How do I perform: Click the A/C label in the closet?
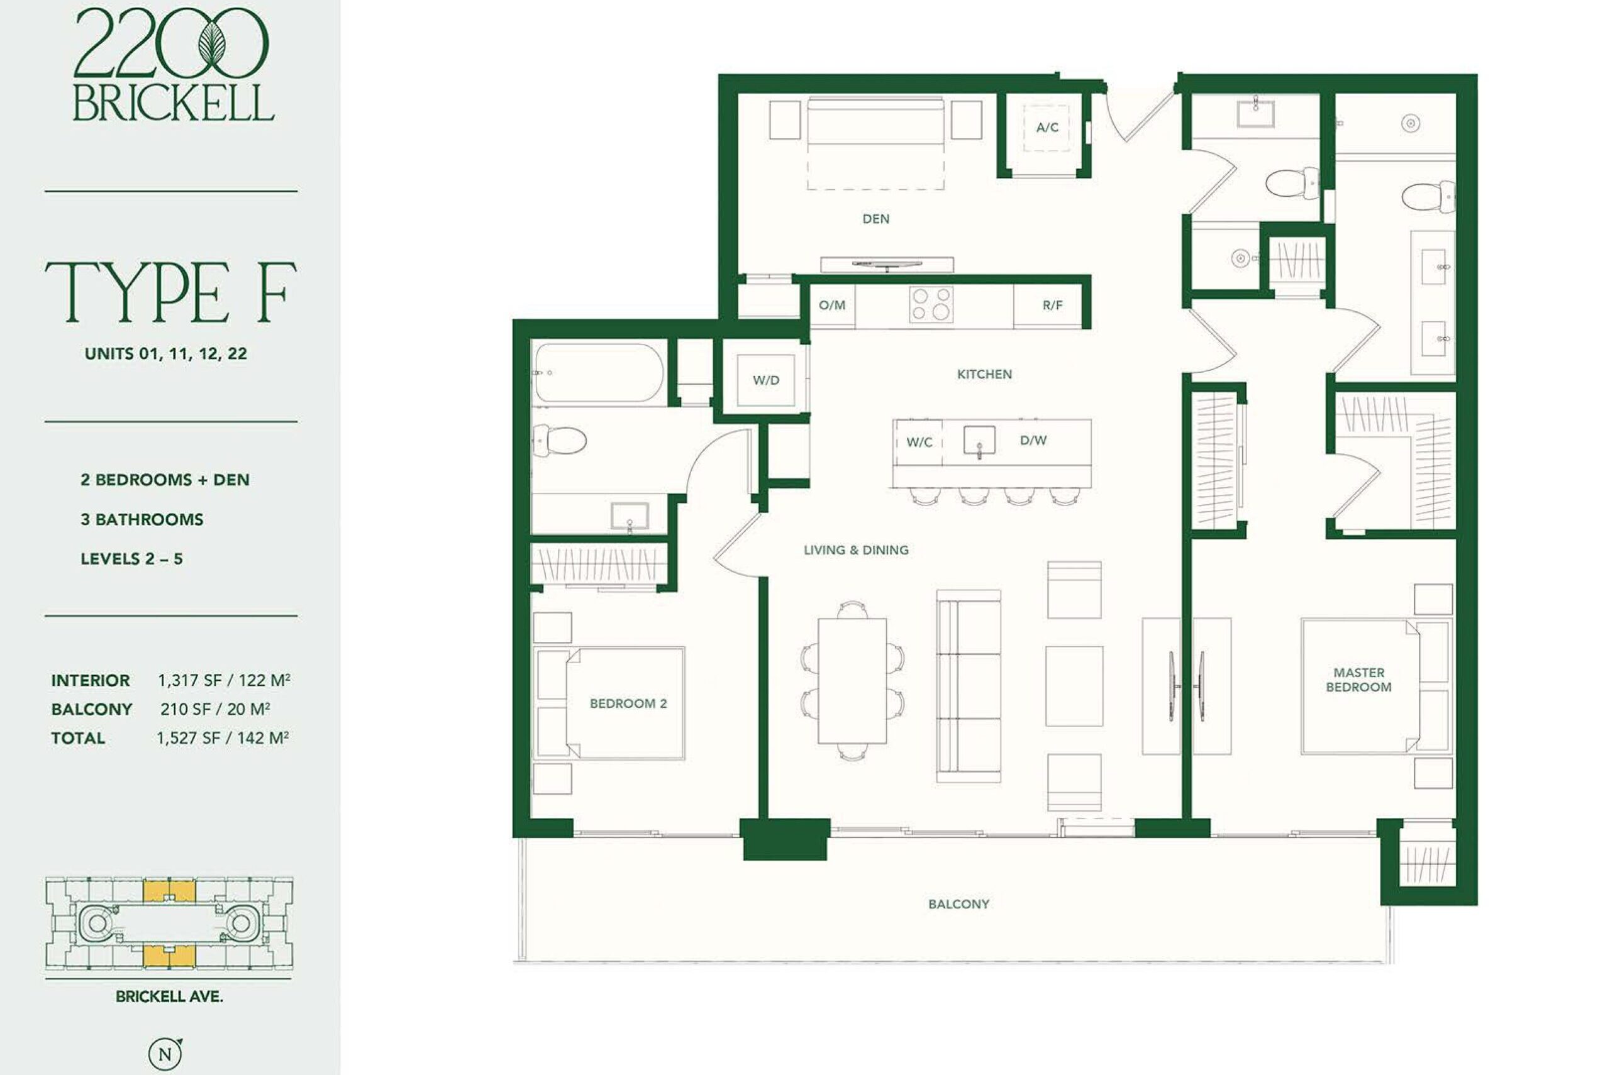click(x=1047, y=128)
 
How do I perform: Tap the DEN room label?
click(x=875, y=219)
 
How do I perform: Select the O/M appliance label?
click(x=833, y=305)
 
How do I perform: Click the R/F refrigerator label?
click(x=1053, y=305)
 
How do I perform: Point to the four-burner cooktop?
click(x=931, y=304)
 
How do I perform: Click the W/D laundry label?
click(x=766, y=380)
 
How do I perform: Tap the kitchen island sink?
click(x=979, y=440)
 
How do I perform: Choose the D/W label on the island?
click(x=1033, y=441)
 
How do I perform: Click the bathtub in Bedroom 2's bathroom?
click(x=599, y=372)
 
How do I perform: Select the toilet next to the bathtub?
click(x=560, y=439)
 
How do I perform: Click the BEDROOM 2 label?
click(x=628, y=703)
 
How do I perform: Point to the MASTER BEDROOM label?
click(x=1358, y=680)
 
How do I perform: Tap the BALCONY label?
click(x=958, y=904)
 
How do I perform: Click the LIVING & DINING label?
click(x=856, y=550)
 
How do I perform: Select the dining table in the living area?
click(x=852, y=681)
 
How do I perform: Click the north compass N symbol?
click(x=165, y=1054)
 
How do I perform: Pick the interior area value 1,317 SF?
click(x=189, y=680)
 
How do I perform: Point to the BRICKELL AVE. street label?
click(x=169, y=997)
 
